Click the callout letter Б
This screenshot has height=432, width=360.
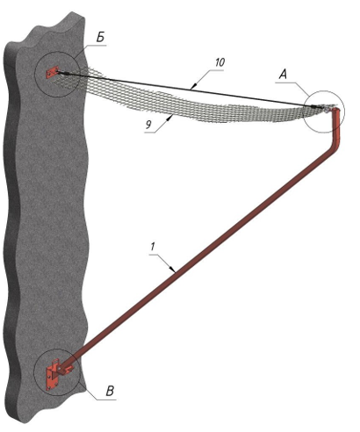click(x=100, y=39)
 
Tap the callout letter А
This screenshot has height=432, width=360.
click(x=283, y=75)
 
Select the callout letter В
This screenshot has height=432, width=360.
click(x=110, y=391)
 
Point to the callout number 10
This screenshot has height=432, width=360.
click(x=220, y=62)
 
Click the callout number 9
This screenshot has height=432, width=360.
click(x=148, y=125)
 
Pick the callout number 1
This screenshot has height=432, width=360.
click(x=153, y=247)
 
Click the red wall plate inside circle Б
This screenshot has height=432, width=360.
click(x=52, y=72)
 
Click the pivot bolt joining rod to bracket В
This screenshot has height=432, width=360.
click(x=60, y=369)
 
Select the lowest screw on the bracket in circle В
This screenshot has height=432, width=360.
click(x=49, y=387)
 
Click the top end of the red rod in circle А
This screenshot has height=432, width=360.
click(x=336, y=110)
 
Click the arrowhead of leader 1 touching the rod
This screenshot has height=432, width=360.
click(x=173, y=270)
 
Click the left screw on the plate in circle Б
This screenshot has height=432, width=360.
click(x=48, y=75)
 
